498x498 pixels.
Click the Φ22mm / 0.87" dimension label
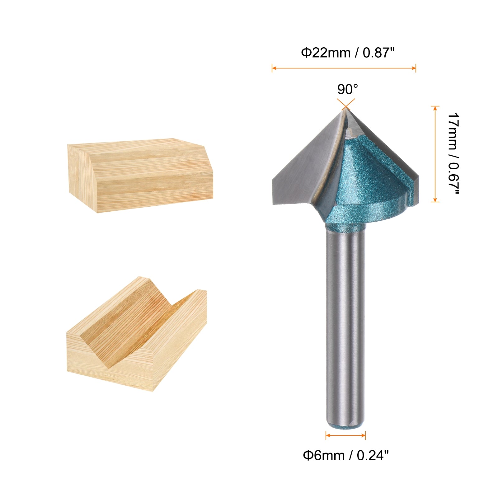pos(348,53)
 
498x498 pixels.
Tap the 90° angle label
pos(348,90)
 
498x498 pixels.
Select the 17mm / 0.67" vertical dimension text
pos(453,154)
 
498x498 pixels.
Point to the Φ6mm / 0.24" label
pos(346,456)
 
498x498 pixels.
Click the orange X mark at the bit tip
pos(346,104)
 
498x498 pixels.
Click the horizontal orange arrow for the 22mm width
pos(344,68)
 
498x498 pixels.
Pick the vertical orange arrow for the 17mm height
pos(435,154)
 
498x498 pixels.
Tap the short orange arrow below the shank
pos(345,435)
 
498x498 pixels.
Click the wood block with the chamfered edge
pos(140,176)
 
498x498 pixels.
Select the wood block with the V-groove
pos(137,334)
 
